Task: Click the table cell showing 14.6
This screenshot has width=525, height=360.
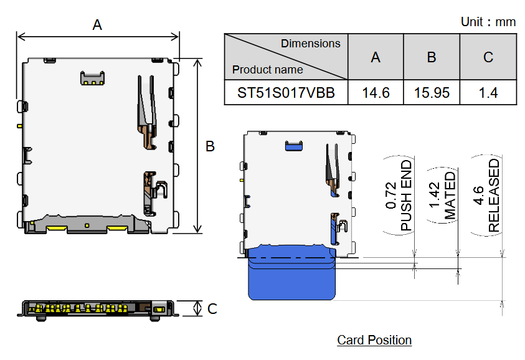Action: tap(376, 93)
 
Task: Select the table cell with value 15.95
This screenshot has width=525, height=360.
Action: tap(432, 93)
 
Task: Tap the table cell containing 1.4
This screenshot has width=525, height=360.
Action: tap(488, 93)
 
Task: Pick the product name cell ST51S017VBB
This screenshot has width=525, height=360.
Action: tap(286, 93)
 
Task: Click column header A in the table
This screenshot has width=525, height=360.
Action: tap(376, 57)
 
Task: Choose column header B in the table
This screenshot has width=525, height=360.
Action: tap(432, 57)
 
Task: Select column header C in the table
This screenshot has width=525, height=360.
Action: tap(488, 57)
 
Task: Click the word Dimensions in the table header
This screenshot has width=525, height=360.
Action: tap(310, 44)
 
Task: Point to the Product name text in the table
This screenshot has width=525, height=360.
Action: tap(268, 70)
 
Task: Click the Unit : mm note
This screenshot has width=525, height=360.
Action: tap(488, 22)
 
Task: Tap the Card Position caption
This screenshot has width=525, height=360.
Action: tap(374, 340)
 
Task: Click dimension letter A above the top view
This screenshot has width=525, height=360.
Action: tap(97, 25)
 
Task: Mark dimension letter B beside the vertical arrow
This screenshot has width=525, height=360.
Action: tap(210, 146)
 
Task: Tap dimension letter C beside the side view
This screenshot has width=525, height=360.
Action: tap(212, 308)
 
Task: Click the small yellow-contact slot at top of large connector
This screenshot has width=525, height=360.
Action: tap(92, 78)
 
